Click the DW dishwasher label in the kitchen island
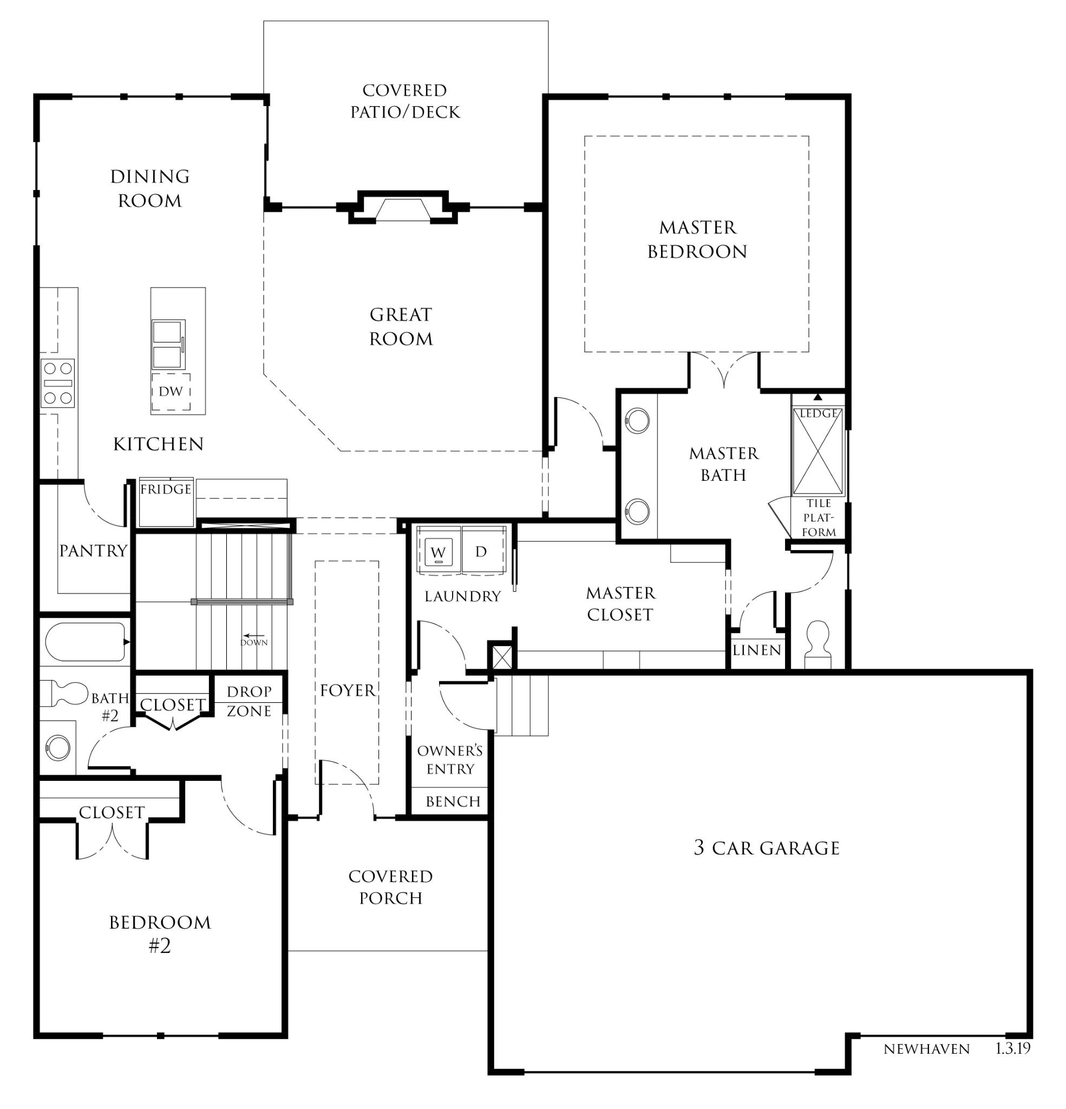coord(171,391)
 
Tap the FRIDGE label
coord(166,489)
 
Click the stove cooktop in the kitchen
coord(58,383)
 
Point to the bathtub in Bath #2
coord(85,642)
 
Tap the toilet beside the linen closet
coord(817,645)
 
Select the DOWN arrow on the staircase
coord(254,635)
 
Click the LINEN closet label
coord(756,650)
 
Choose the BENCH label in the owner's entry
coord(453,801)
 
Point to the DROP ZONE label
coord(249,701)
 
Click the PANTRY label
coord(93,551)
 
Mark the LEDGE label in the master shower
coord(818,414)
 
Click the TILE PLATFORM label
coord(819,518)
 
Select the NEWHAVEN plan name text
coord(926,1049)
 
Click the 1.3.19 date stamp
coord(1013,1048)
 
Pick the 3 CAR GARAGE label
coord(767,847)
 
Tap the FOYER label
coord(347,690)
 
